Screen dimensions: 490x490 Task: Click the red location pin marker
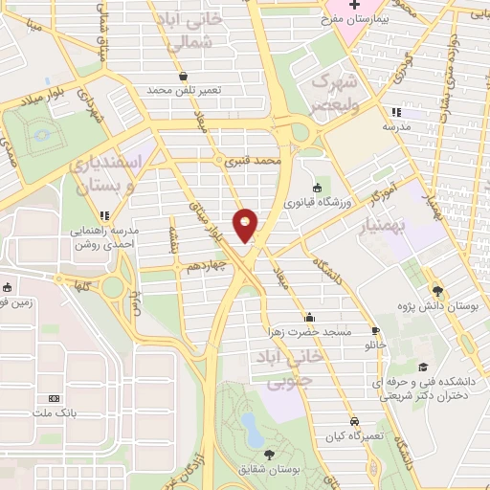coord(246,224)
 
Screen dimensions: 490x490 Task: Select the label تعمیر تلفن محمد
coord(184,89)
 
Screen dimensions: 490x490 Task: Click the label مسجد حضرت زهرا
coord(309,332)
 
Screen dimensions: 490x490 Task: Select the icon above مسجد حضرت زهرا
coord(309,318)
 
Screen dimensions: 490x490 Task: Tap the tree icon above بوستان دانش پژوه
coord(437,290)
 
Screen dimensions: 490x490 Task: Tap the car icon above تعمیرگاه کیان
coord(353,421)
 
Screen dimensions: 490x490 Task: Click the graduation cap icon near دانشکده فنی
coord(422,367)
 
